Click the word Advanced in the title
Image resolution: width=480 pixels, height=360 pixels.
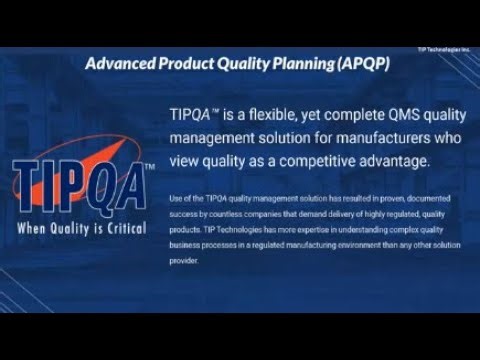click(x=118, y=63)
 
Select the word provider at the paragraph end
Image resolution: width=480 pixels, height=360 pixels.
click(x=185, y=261)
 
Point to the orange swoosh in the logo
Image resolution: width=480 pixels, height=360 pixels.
click(x=110, y=150)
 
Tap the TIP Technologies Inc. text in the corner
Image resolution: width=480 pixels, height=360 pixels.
click(x=446, y=47)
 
